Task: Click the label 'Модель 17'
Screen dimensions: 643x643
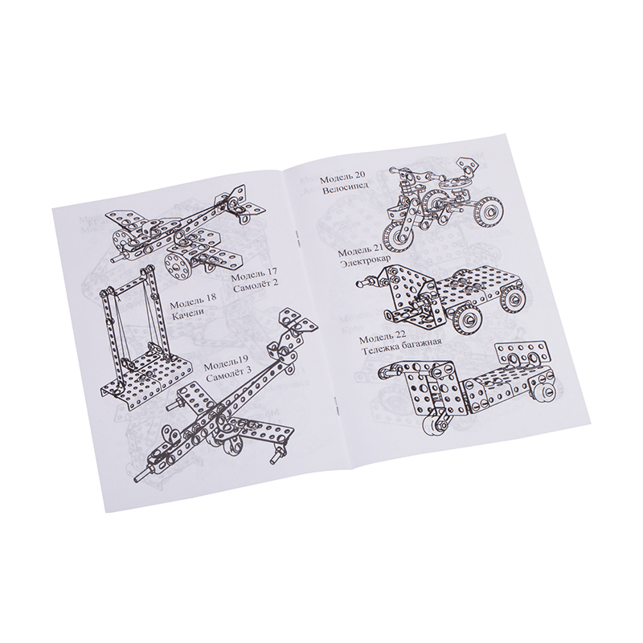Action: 254,275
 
